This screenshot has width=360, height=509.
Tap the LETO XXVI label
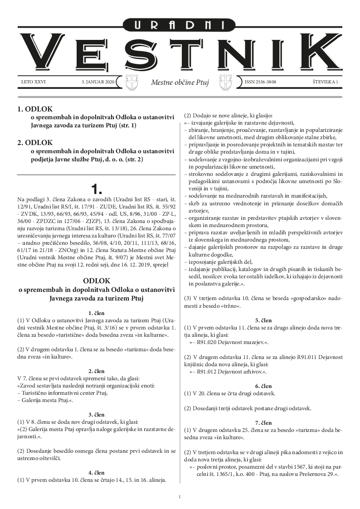coord(34,82)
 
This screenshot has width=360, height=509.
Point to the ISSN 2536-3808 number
coord(260,82)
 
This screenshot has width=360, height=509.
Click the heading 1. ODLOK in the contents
coord(35,109)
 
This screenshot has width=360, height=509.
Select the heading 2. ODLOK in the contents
coord(35,142)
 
